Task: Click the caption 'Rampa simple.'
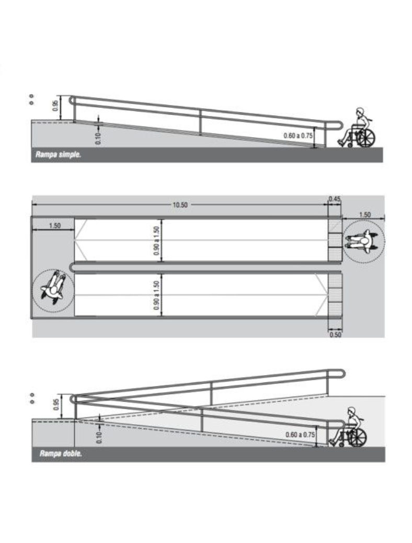pos(58,155)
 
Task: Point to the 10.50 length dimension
pos(180,205)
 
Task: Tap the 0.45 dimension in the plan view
pos(334,199)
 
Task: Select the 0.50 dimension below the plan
pos(335,334)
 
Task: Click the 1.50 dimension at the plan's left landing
pos(54,225)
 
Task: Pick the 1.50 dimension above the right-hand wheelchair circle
pos(364,214)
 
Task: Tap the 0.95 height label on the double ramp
pos(56,404)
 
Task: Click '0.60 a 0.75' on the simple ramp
pos(298,135)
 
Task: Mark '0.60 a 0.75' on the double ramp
pos(301,434)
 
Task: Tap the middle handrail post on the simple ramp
pos(200,121)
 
